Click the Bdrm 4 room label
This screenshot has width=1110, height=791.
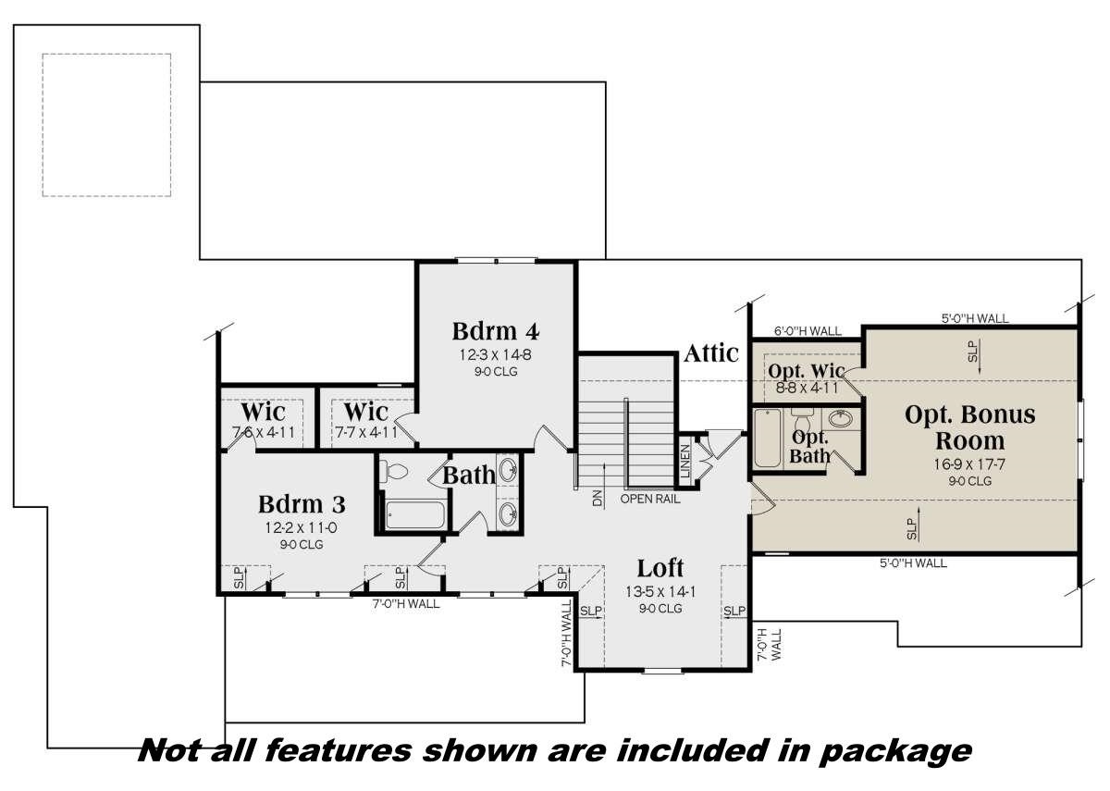tap(495, 330)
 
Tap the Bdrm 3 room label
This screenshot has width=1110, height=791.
tap(302, 504)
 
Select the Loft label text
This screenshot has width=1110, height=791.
tap(660, 567)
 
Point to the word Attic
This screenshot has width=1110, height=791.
tap(711, 352)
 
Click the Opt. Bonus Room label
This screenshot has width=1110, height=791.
tap(969, 426)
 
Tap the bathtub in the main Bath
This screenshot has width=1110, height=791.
tap(414, 514)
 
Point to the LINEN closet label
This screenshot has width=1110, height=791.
tap(685, 460)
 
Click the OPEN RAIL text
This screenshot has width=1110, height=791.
tap(650, 500)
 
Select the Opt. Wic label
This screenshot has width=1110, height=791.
tap(806, 371)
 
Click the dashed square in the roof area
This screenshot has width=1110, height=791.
tap(106, 124)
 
